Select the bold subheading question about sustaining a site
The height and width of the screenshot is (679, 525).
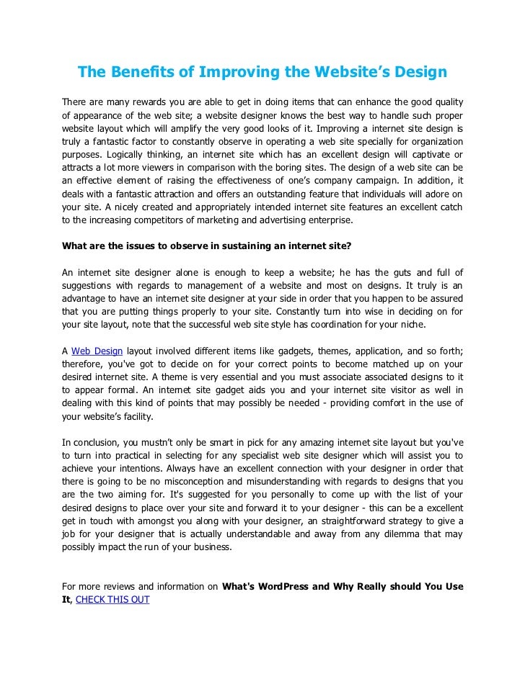pyautogui.click(x=206, y=245)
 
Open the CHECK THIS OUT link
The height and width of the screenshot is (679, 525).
pyautogui.click(x=112, y=598)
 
